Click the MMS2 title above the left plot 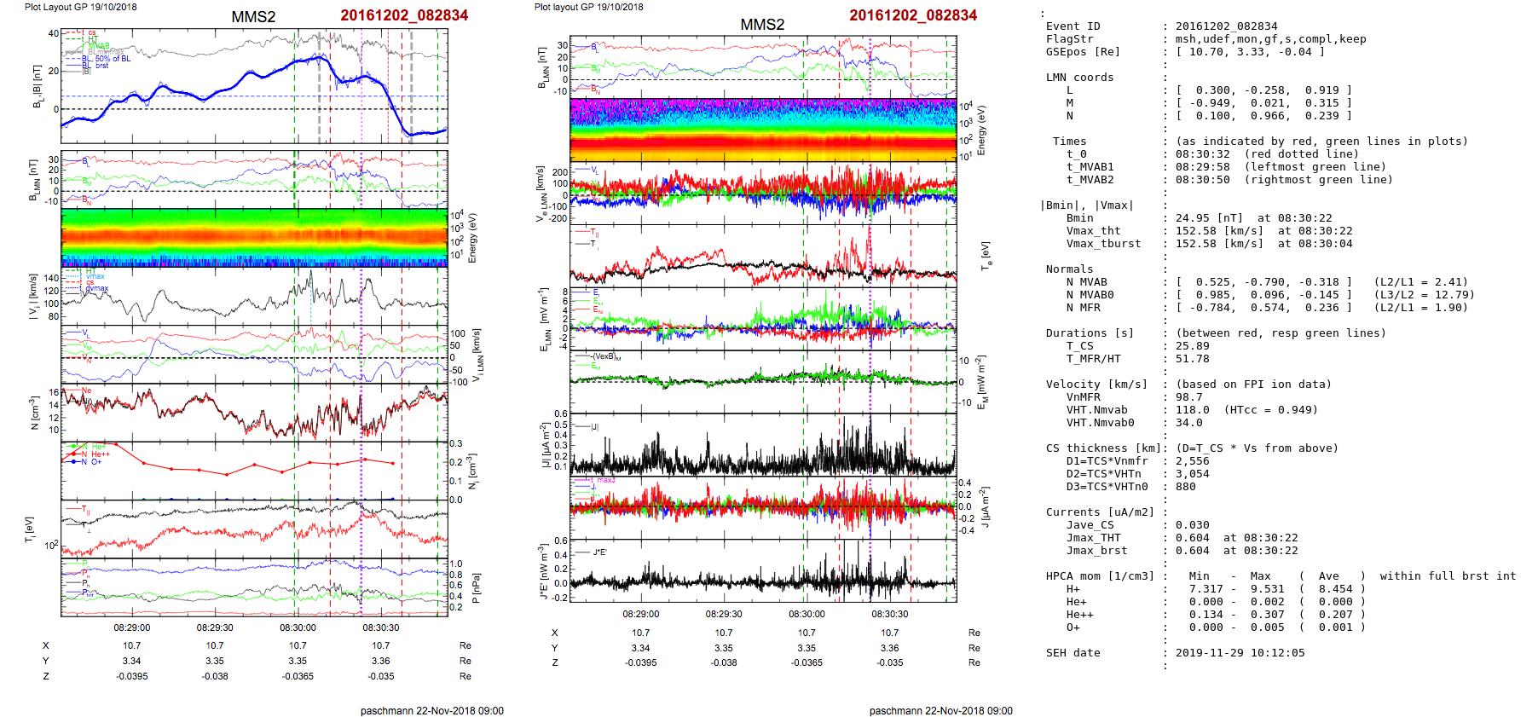[x=253, y=17]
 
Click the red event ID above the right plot [x=912, y=15]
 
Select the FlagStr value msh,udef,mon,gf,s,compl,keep [x=1270, y=39]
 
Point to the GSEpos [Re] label [x=1083, y=52]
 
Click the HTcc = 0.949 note [x=1271, y=410]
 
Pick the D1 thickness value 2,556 [x=1193, y=461]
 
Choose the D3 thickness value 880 [x=1186, y=487]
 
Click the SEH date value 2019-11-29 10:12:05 [x=1240, y=653]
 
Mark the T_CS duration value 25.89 [x=1193, y=346]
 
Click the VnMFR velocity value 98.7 [x=1189, y=397]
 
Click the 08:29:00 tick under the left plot [x=132, y=627]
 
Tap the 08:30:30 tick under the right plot [x=889, y=614]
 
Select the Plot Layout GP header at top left [x=80, y=7]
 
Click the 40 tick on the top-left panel [x=54, y=33]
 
